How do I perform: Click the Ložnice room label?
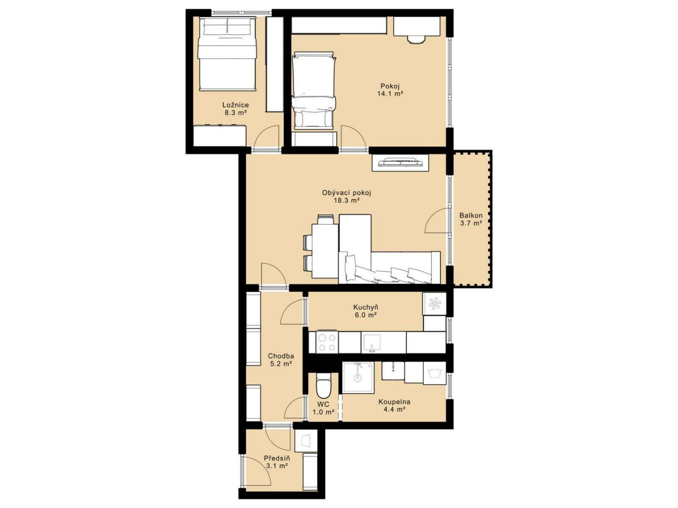[235, 105]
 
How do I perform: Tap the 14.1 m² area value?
[390, 94]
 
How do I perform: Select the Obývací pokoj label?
[346, 193]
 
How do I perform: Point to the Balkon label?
[471, 215]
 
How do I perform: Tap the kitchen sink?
[372, 343]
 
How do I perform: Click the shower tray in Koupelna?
[358, 377]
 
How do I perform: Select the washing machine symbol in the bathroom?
[434, 373]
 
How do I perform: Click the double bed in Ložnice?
[227, 54]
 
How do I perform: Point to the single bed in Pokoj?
[314, 90]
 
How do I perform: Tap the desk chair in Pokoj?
[416, 39]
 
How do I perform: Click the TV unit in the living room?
[400, 162]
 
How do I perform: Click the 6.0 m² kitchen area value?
[365, 315]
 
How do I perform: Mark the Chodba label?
[281, 356]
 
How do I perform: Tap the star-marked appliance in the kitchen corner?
[434, 304]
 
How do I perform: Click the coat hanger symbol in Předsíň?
[306, 441]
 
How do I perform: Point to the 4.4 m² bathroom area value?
[394, 410]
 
